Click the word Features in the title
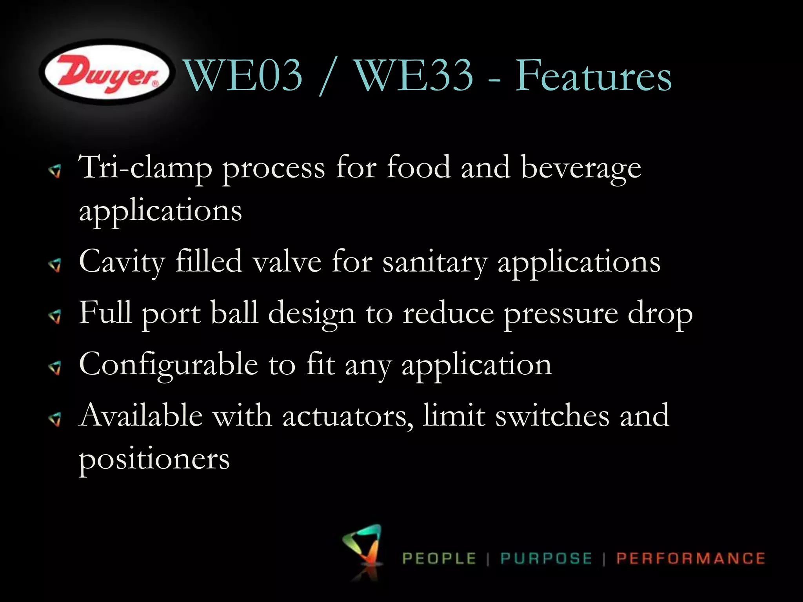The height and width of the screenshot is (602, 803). click(593, 75)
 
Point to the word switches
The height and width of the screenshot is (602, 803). click(552, 415)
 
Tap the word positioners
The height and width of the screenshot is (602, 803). click(154, 459)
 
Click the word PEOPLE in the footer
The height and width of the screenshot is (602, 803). click(439, 558)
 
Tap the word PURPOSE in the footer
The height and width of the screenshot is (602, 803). click(546, 558)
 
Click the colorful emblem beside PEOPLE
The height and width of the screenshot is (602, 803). click(363, 549)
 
